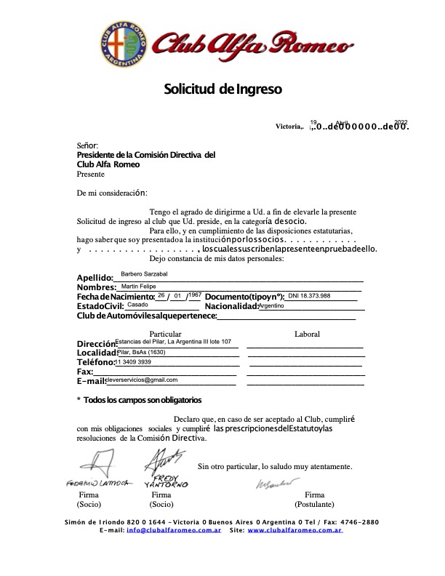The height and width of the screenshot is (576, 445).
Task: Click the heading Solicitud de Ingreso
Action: tap(222, 89)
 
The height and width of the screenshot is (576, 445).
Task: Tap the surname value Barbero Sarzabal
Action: tap(144, 273)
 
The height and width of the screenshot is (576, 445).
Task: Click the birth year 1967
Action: tap(194, 295)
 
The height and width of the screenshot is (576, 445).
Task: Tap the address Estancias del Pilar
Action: tap(173, 341)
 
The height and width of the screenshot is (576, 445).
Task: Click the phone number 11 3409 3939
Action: tap(134, 361)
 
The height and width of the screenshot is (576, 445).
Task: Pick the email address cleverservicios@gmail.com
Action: tap(142, 380)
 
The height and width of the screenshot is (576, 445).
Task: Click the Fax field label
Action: tap(84, 372)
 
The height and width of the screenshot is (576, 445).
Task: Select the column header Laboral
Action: tap(306, 334)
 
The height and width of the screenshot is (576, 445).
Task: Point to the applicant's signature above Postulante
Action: tap(277, 483)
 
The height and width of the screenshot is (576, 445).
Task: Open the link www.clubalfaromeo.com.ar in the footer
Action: tap(294, 531)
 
